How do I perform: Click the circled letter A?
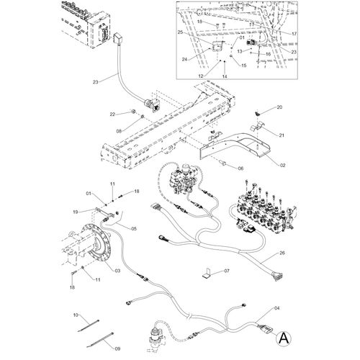click(x=284, y=338)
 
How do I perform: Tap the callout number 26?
click(x=282, y=253)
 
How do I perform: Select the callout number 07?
click(x=227, y=271)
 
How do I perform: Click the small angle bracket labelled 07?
click(x=207, y=274)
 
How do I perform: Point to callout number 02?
click(x=282, y=166)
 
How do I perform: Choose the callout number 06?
click(x=240, y=168)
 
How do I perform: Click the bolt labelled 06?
click(x=223, y=163)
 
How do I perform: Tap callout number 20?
click(x=279, y=107)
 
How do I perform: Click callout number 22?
click(x=112, y=114)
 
